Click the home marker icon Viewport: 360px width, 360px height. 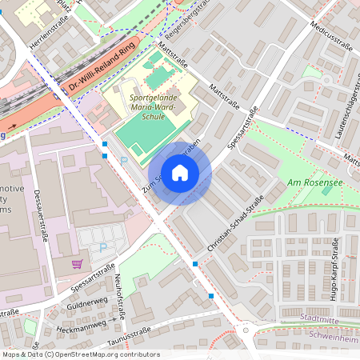tap(180, 173)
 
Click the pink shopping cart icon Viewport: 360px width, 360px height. tap(78, 263)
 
